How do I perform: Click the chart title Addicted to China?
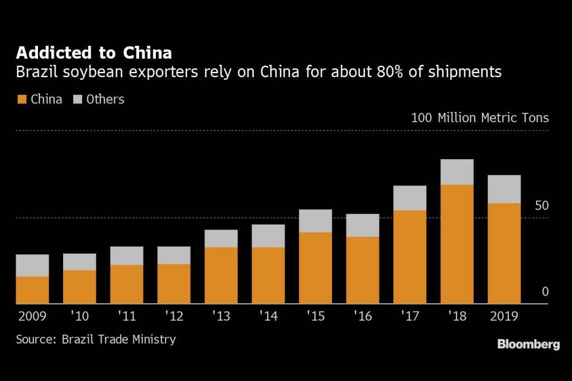94,53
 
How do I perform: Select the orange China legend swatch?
22,99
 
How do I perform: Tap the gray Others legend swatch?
78,99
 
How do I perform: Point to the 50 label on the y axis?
541,206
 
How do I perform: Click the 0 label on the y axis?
545,292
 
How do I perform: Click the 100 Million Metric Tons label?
480,118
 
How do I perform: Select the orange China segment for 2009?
32,290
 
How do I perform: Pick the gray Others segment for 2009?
32,265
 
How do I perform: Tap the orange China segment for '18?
457,244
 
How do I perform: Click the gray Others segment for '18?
457,172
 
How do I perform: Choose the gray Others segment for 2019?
504,189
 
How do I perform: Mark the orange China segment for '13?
221,275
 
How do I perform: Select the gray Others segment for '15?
316,221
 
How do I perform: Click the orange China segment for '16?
363,270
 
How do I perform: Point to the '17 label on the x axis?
409,316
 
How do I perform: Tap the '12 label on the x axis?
174,316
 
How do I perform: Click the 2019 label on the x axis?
504,316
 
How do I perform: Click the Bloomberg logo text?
528,345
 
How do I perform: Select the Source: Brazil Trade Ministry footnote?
96,339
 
